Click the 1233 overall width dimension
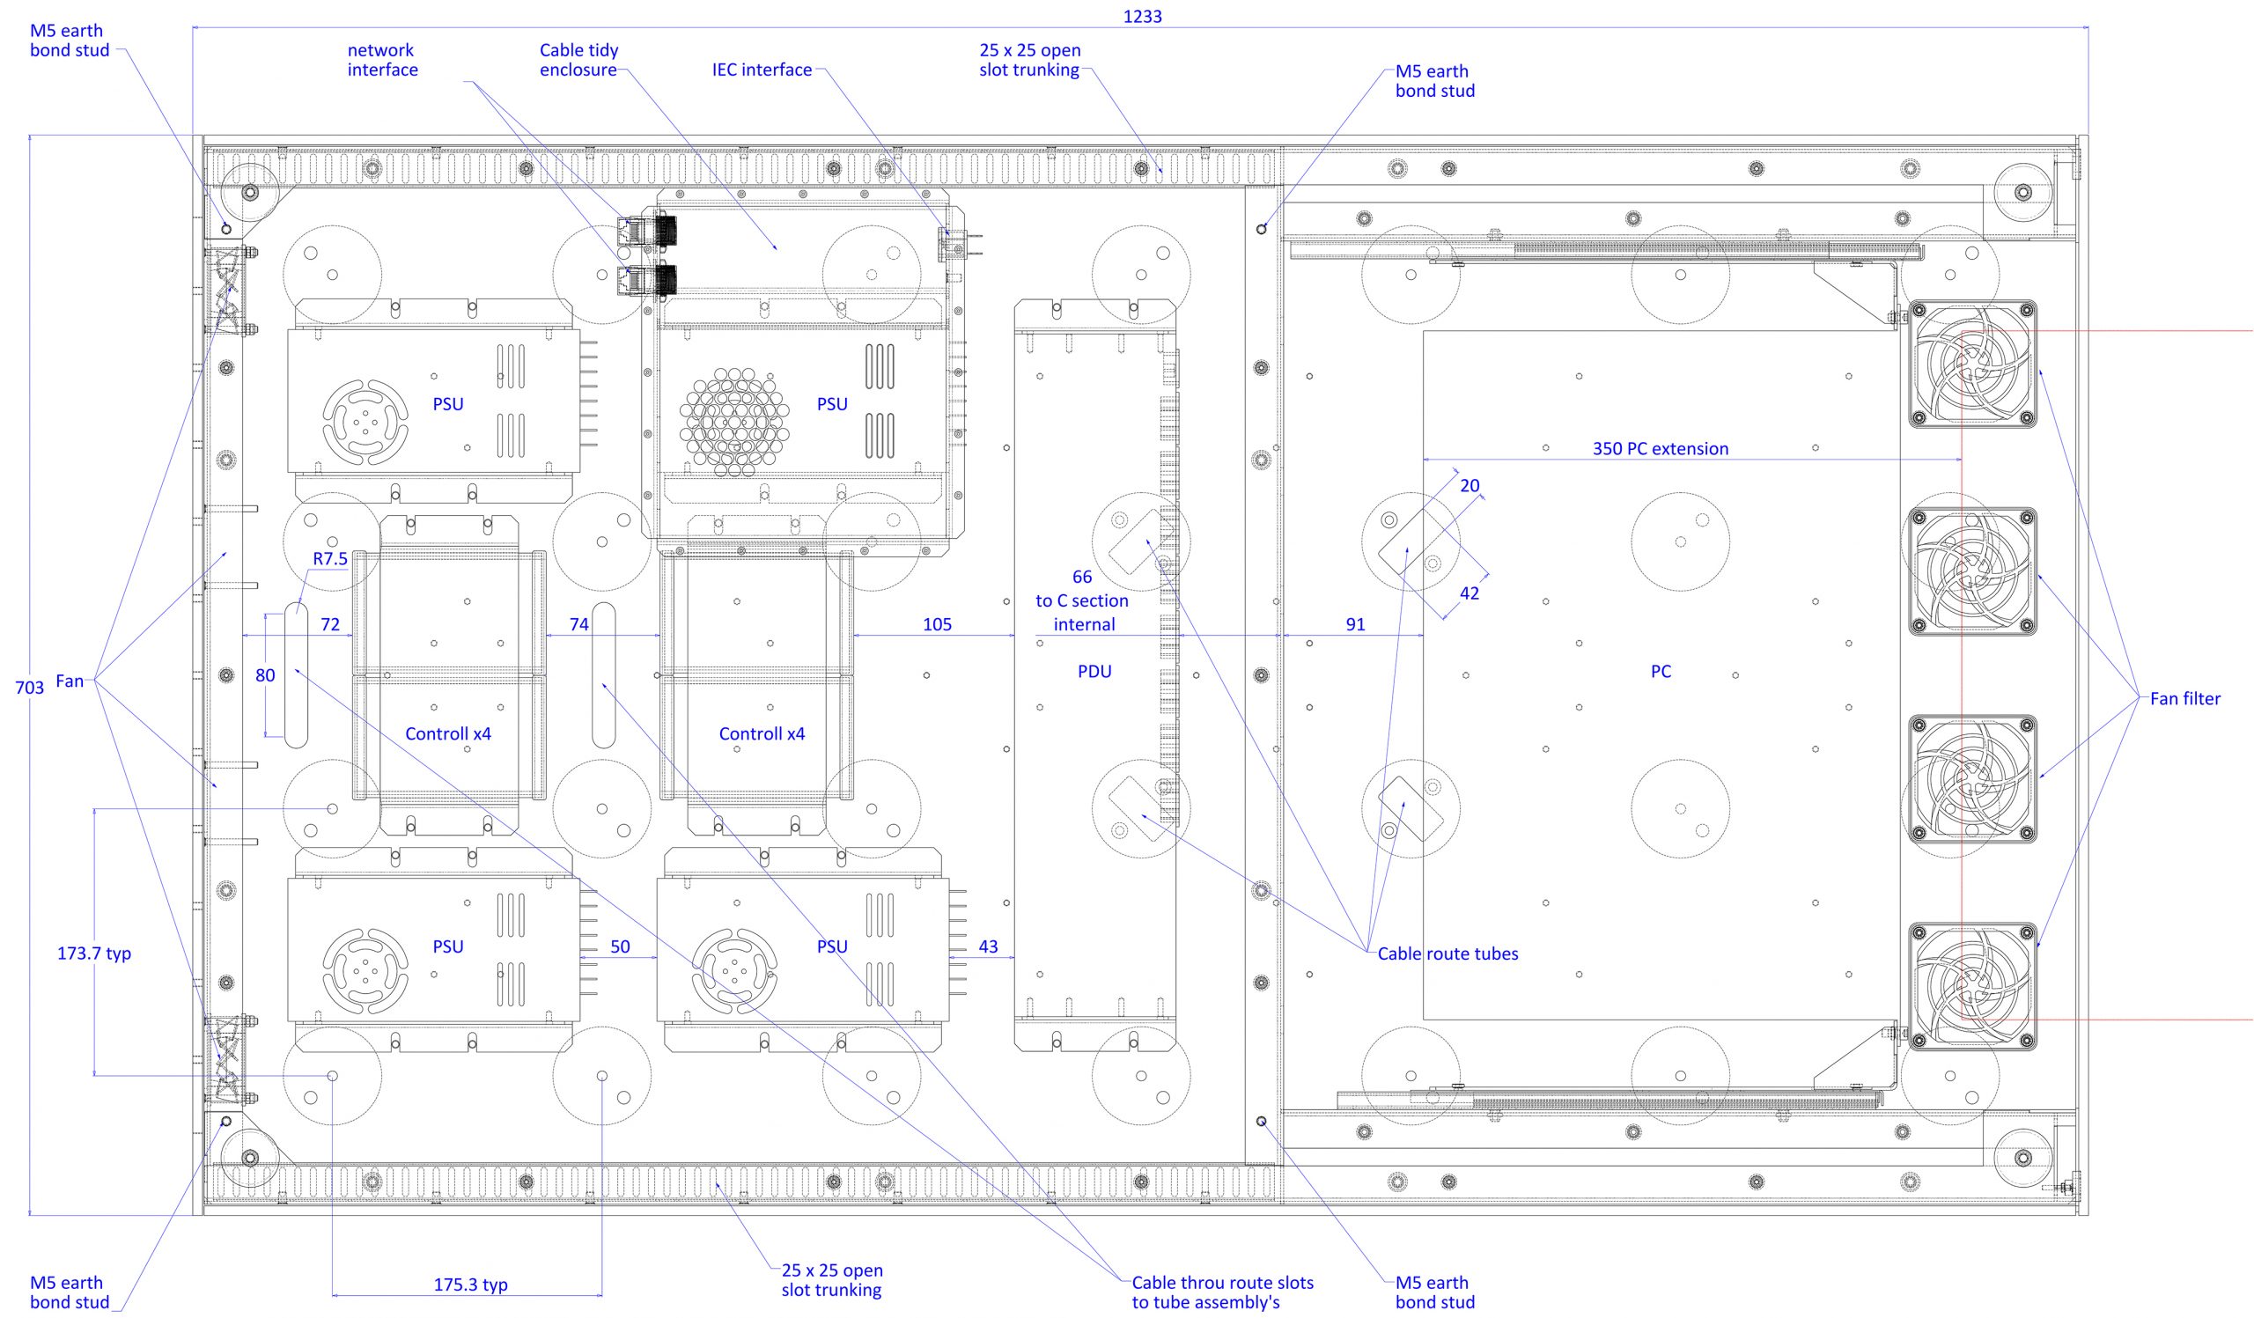click(x=1142, y=16)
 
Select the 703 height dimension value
click(x=30, y=688)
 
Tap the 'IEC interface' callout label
click(x=762, y=70)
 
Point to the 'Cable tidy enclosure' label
click(x=578, y=60)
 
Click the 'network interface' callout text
click(x=383, y=60)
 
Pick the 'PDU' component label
click(x=1094, y=672)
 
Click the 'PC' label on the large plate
click(x=1660, y=672)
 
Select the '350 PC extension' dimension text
click(x=1660, y=449)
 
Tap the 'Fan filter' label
click(x=2185, y=698)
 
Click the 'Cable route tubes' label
click(x=1447, y=954)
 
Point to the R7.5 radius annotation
click(x=330, y=559)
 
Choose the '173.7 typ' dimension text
click(x=94, y=954)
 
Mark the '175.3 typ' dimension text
click(x=470, y=1285)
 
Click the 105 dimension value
click(x=938, y=624)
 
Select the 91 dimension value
click(x=1355, y=624)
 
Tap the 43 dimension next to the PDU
click(x=988, y=946)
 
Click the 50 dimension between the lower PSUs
click(x=620, y=946)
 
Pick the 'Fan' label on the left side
click(x=69, y=681)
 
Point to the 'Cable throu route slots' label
click(x=1223, y=1282)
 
